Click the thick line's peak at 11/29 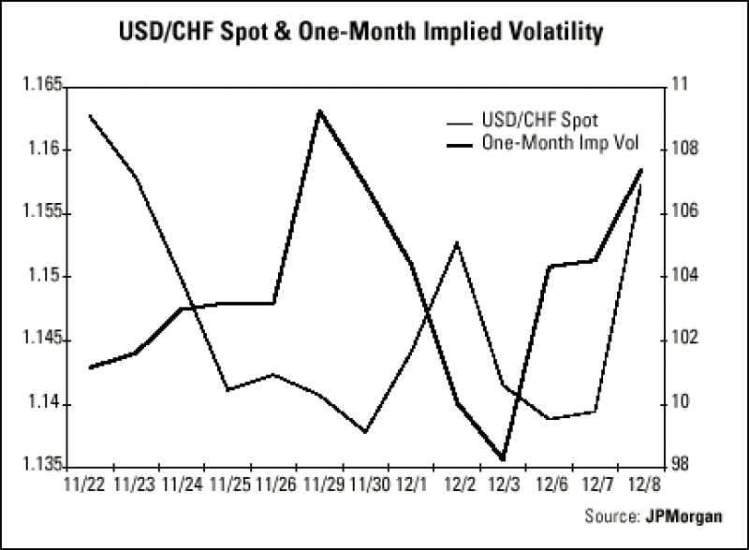pos(320,110)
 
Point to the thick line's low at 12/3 pos(504,459)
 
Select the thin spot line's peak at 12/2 pos(457,243)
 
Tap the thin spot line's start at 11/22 pos(89,115)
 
